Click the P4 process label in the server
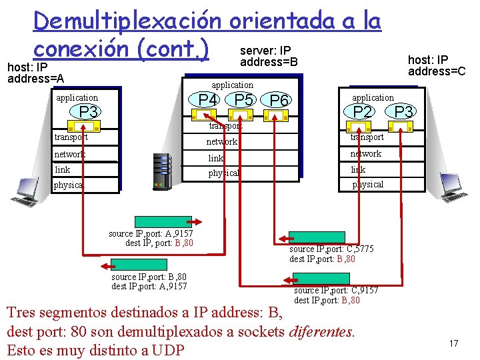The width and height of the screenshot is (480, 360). [x=208, y=100]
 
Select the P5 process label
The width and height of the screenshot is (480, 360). [x=243, y=100]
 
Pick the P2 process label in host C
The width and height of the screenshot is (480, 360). [x=363, y=111]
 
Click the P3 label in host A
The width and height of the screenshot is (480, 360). [x=89, y=112]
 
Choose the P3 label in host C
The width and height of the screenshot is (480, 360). [x=403, y=111]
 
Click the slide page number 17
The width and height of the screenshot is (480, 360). [x=453, y=343]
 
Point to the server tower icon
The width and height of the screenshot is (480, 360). [x=162, y=171]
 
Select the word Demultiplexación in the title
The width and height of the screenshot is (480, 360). [x=127, y=21]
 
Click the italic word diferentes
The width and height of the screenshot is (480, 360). [x=322, y=330]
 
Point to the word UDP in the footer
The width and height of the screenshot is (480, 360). [x=169, y=349]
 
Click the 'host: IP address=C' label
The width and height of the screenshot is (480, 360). [x=437, y=65]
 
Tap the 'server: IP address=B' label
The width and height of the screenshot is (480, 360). [x=268, y=57]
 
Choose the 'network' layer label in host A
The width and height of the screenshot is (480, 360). [x=69, y=154]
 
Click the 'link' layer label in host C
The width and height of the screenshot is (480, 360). [x=359, y=169]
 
